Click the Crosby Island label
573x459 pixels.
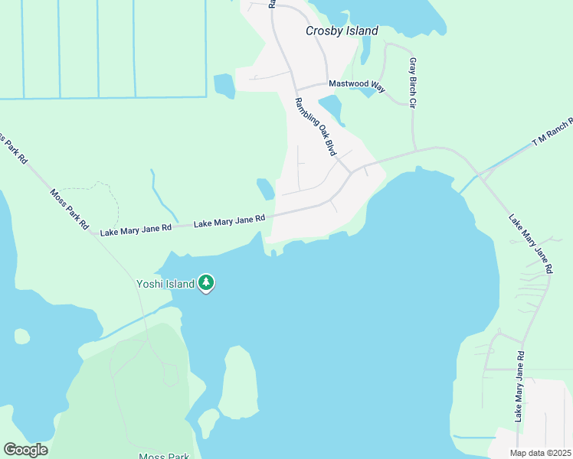[342, 31]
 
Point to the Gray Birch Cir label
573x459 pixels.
[412, 82]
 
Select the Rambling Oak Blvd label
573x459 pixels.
[316, 126]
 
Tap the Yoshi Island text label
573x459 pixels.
[165, 284]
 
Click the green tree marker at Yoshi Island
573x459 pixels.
[205, 283]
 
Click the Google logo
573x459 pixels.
[25, 450]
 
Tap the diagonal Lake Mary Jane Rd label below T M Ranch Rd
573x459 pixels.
[530, 243]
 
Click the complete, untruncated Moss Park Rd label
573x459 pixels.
[70, 210]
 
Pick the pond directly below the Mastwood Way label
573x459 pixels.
[330, 107]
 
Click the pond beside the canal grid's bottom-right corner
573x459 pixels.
[224, 86]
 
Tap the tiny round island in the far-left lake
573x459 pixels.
[22, 336]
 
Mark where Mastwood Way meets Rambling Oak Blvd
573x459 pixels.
[295, 88]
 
